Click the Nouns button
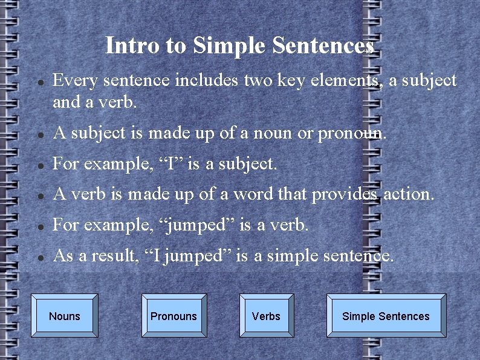click(x=65, y=316)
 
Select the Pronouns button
click(x=174, y=316)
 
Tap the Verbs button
click(x=266, y=316)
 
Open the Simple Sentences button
click(x=386, y=316)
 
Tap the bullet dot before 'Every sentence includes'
click(x=39, y=82)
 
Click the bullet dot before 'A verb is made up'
click(x=39, y=195)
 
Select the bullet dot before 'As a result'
click(x=39, y=257)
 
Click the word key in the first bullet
click(x=294, y=80)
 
